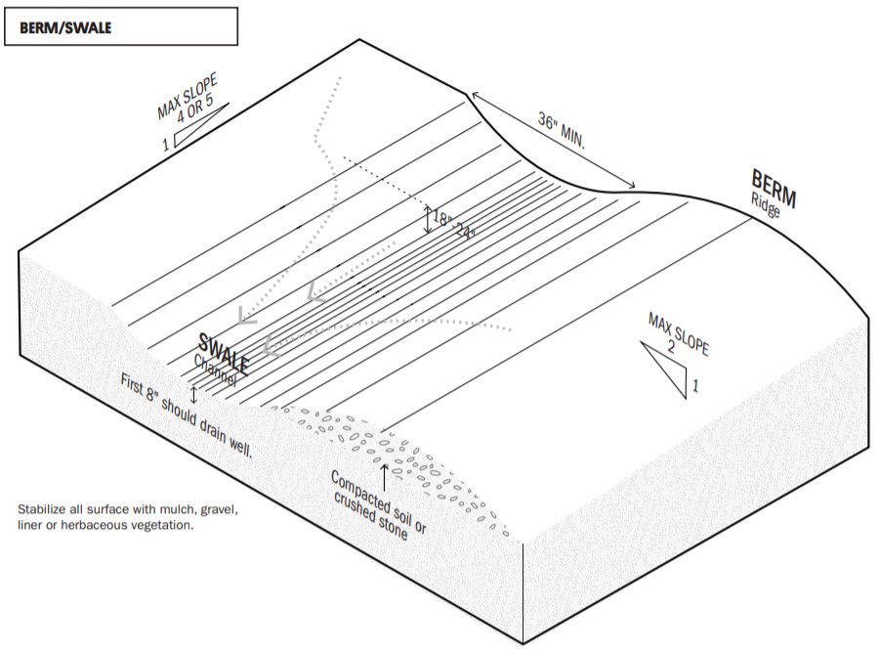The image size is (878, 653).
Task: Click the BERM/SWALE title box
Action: click(x=121, y=26)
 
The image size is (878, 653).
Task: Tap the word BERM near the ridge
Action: click(x=773, y=188)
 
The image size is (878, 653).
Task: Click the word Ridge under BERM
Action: click(x=766, y=205)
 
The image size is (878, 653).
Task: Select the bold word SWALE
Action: click(x=224, y=354)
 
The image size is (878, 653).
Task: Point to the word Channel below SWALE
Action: click(x=216, y=370)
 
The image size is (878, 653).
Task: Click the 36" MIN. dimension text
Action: click(x=562, y=130)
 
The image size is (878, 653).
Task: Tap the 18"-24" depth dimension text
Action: click(x=454, y=224)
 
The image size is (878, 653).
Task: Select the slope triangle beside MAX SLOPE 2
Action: click(x=665, y=370)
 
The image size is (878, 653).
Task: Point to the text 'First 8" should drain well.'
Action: click(x=187, y=415)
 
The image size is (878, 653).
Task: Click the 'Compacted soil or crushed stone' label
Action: click(x=379, y=505)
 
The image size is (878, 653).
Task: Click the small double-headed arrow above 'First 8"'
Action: click(x=193, y=395)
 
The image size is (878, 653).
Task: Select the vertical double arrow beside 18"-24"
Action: click(x=428, y=220)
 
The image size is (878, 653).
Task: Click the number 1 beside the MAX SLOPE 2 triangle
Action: click(x=695, y=385)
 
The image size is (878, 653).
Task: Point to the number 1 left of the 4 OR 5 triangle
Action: click(x=166, y=145)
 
